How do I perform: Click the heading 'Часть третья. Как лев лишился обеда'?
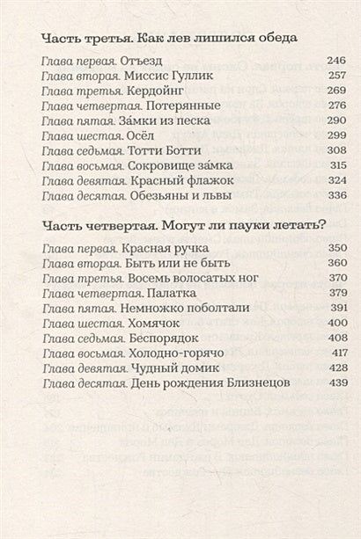pyautogui.click(x=168, y=38)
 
